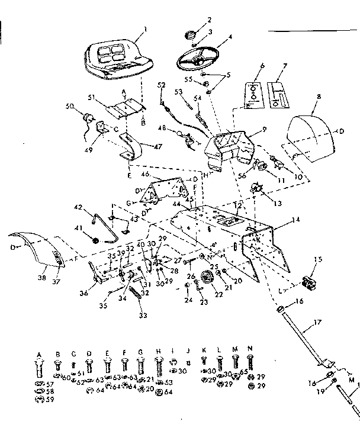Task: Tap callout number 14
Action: pyautogui.click(x=295, y=220)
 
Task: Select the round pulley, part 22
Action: pyautogui.click(x=207, y=277)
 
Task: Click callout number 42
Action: pyautogui.click(x=77, y=207)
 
